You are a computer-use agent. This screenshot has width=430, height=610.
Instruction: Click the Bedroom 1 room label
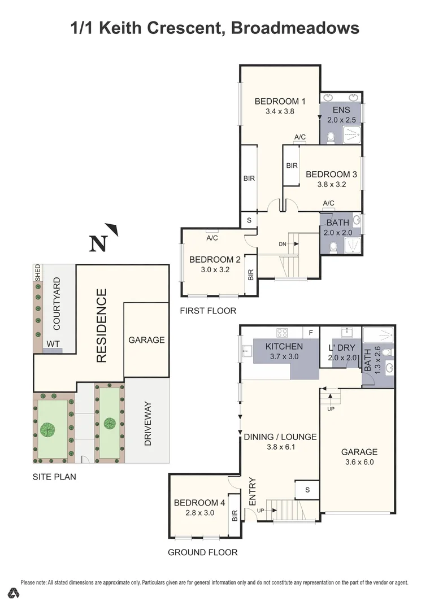280,102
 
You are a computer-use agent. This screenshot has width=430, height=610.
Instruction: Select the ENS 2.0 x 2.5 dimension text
342,120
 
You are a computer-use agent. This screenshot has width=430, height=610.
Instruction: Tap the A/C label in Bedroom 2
212,238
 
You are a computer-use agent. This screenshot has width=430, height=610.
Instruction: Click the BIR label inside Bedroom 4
234,515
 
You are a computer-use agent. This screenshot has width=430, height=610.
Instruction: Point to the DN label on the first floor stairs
283,244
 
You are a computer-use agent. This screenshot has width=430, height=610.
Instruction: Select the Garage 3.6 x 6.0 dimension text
359,462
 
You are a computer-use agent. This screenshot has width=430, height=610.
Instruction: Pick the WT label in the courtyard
53,343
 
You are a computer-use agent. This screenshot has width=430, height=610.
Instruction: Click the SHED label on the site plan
38,272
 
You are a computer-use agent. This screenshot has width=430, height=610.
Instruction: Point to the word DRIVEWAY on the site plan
148,424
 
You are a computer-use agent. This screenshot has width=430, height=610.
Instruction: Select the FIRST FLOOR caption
208,311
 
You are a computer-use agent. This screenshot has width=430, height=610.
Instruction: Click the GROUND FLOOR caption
202,552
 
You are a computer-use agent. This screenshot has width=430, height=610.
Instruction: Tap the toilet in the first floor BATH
334,245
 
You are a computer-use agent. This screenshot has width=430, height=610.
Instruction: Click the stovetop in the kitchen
282,333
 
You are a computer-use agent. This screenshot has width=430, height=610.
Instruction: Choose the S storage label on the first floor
249,220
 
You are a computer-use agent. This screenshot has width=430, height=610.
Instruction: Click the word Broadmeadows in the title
295,28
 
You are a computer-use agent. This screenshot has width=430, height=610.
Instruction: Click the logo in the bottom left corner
15,592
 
